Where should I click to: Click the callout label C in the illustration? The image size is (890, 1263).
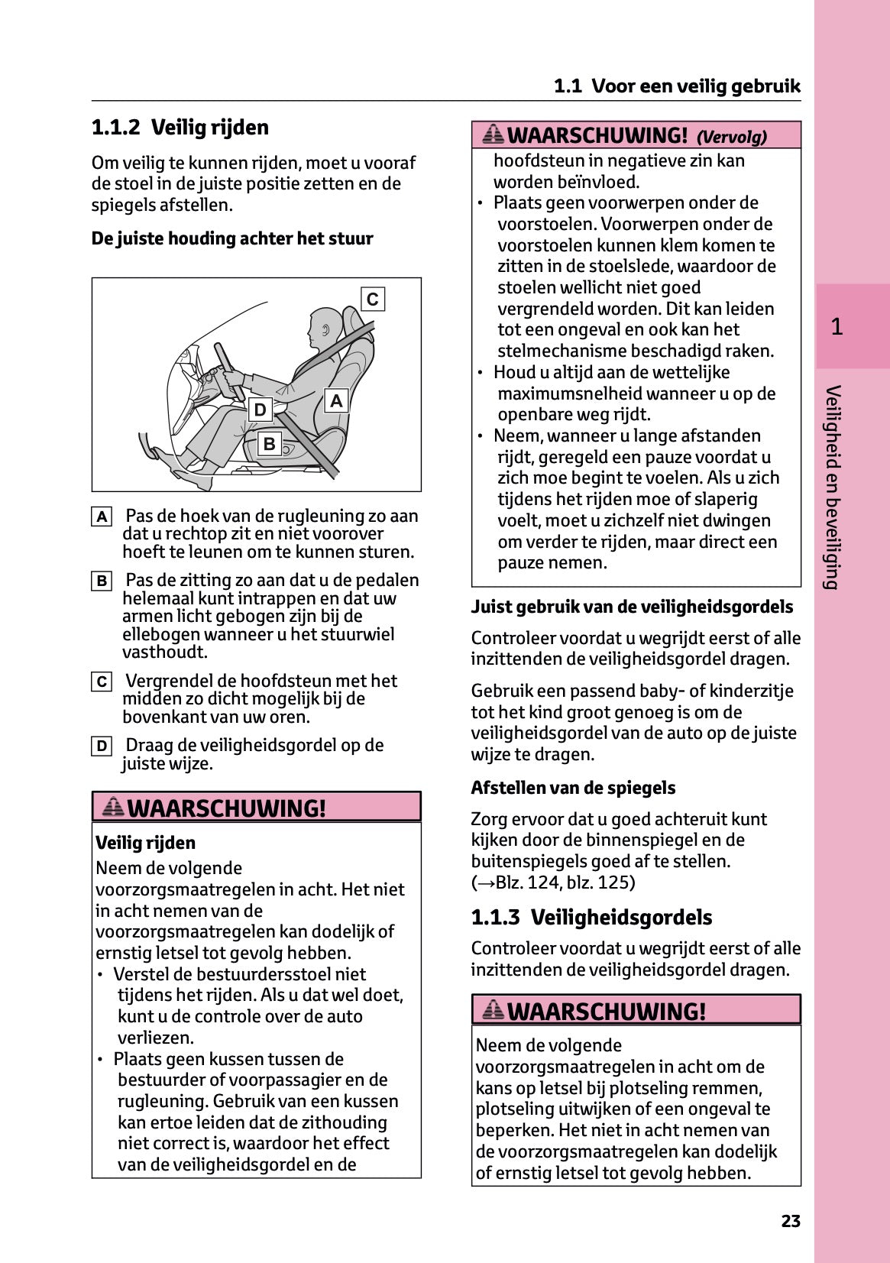click(x=372, y=299)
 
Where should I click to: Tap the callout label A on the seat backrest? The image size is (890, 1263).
click(x=336, y=400)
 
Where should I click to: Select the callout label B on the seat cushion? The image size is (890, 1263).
click(x=269, y=443)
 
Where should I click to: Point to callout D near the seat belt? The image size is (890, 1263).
click(x=261, y=410)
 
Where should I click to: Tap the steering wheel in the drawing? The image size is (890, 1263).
click(x=228, y=371)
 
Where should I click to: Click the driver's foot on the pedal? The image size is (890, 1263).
click(x=165, y=458)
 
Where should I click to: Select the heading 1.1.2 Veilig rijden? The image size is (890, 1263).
click(x=180, y=128)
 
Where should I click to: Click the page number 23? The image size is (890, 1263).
click(x=791, y=1221)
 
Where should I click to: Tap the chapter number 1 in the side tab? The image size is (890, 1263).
click(x=837, y=327)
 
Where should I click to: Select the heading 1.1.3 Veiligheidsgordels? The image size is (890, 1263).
click(x=591, y=918)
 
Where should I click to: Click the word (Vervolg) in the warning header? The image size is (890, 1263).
click(x=731, y=138)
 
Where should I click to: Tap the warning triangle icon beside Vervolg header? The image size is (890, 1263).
click(x=494, y=135)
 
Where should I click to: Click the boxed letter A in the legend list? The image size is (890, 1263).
click(x=102, y=517)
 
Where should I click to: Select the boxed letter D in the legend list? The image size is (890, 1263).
click(x=102, y=746)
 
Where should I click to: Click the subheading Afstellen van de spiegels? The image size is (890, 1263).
click(x=573, y=788)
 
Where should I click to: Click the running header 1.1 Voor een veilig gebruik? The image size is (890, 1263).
click(x=677, y=86)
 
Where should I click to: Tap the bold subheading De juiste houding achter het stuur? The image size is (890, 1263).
click(x=232, y=239)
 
